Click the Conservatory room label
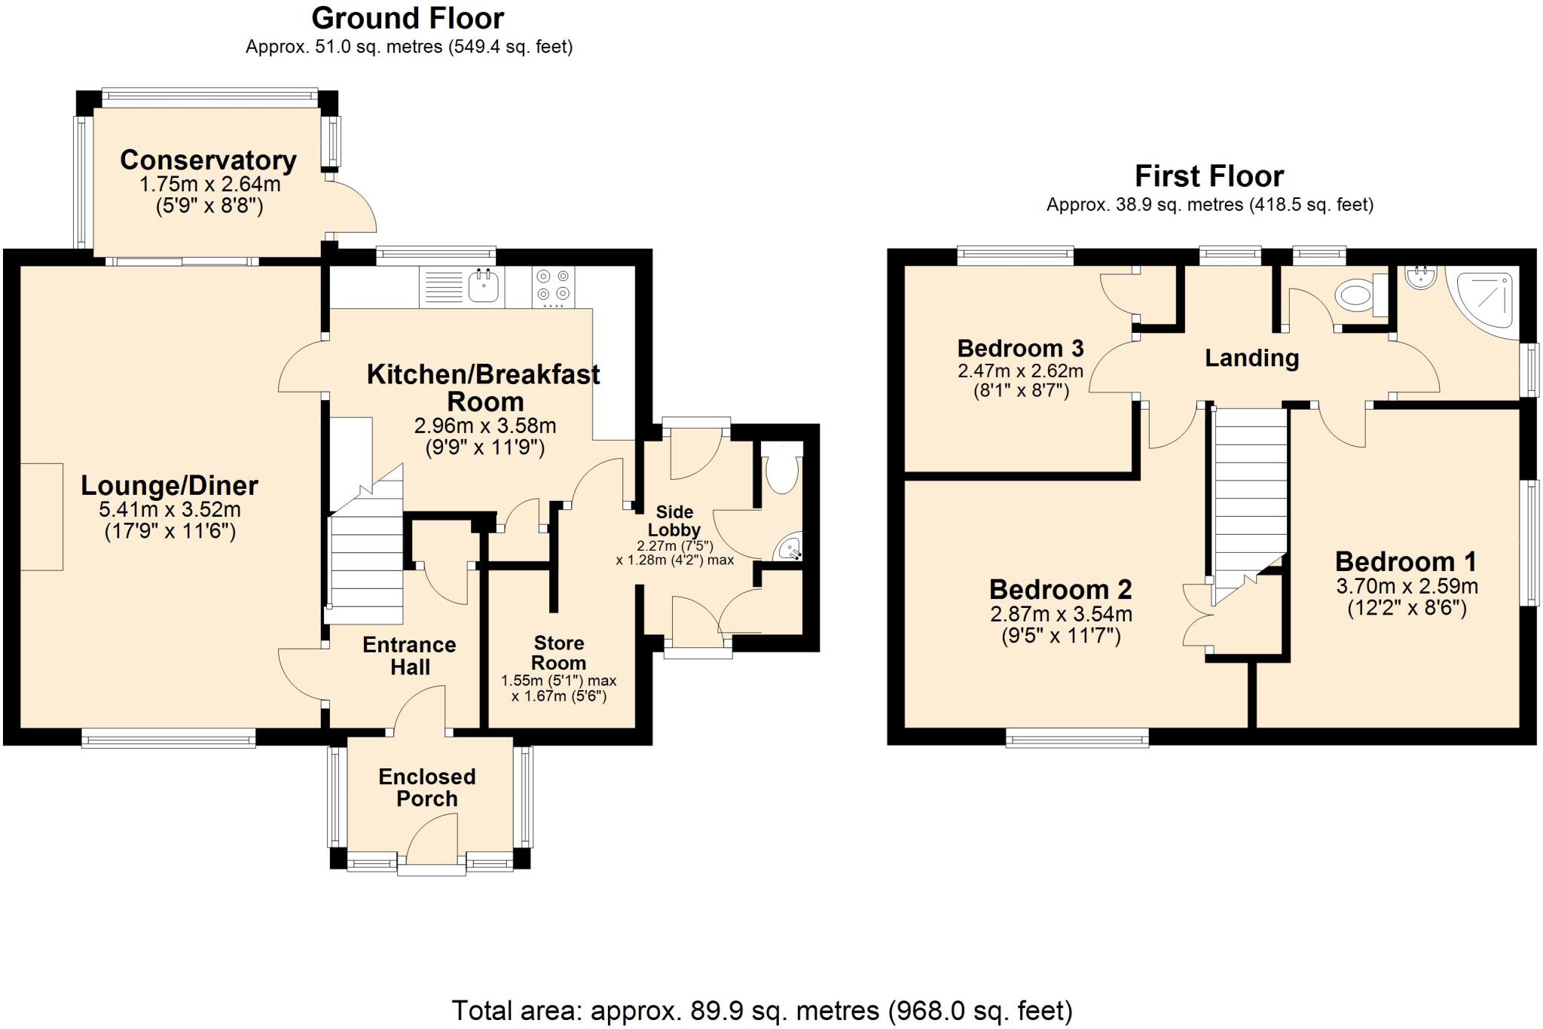pyautogui.click(x=208, y=160)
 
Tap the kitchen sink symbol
pyautogui.click(x=483, y=286)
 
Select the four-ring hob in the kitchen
pyautogui.click(x=553, y=286)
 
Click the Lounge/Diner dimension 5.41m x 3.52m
pyautogui.click(x=170, y=509)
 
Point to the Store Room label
pyautogui.click(x=558, y=653)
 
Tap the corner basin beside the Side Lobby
pyautogui.click(x=789, y=548)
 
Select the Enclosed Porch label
pyautogui.click(x=426, y=787)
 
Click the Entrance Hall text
pyautogui.click(x=409, y=655)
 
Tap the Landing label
pyautogui.click(x=1251, y=358)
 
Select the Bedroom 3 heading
pyautogui.click(x=1020, y=348)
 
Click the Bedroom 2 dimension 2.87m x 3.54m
pyautogui.click(x=1061, y=614)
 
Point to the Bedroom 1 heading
pyautogui.click(x=1406, y=561)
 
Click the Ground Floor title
pyautogui.click(x=408, y=18)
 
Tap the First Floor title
pyautogui.click(x=1208, y=176)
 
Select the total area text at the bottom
pyautogui.click(x=762, y=1010)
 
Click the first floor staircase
pyautogui.click(x=1249, y=497)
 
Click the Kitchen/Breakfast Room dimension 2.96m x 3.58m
pyautogui.click(x=485, y=426)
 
